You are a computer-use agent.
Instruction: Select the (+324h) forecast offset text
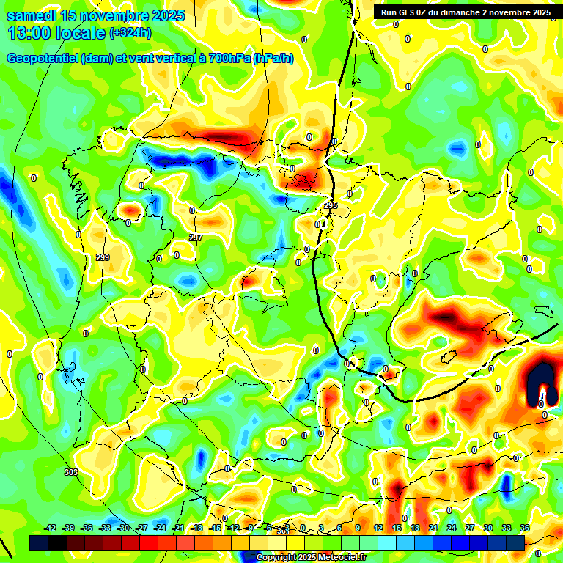(130, 33)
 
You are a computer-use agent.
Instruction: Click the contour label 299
(103, 257)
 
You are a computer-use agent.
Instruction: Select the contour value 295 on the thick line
(331, 206)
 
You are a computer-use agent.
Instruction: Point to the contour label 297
(195, 238)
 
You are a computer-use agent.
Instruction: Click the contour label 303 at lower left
(70, 472)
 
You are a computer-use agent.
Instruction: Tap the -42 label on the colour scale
(51, 528)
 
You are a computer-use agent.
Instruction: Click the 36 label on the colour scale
(525, 528)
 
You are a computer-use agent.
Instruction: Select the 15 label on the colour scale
(397, 528)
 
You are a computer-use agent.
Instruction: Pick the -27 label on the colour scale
(141, 528)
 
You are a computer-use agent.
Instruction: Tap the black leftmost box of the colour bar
(39, 542)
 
